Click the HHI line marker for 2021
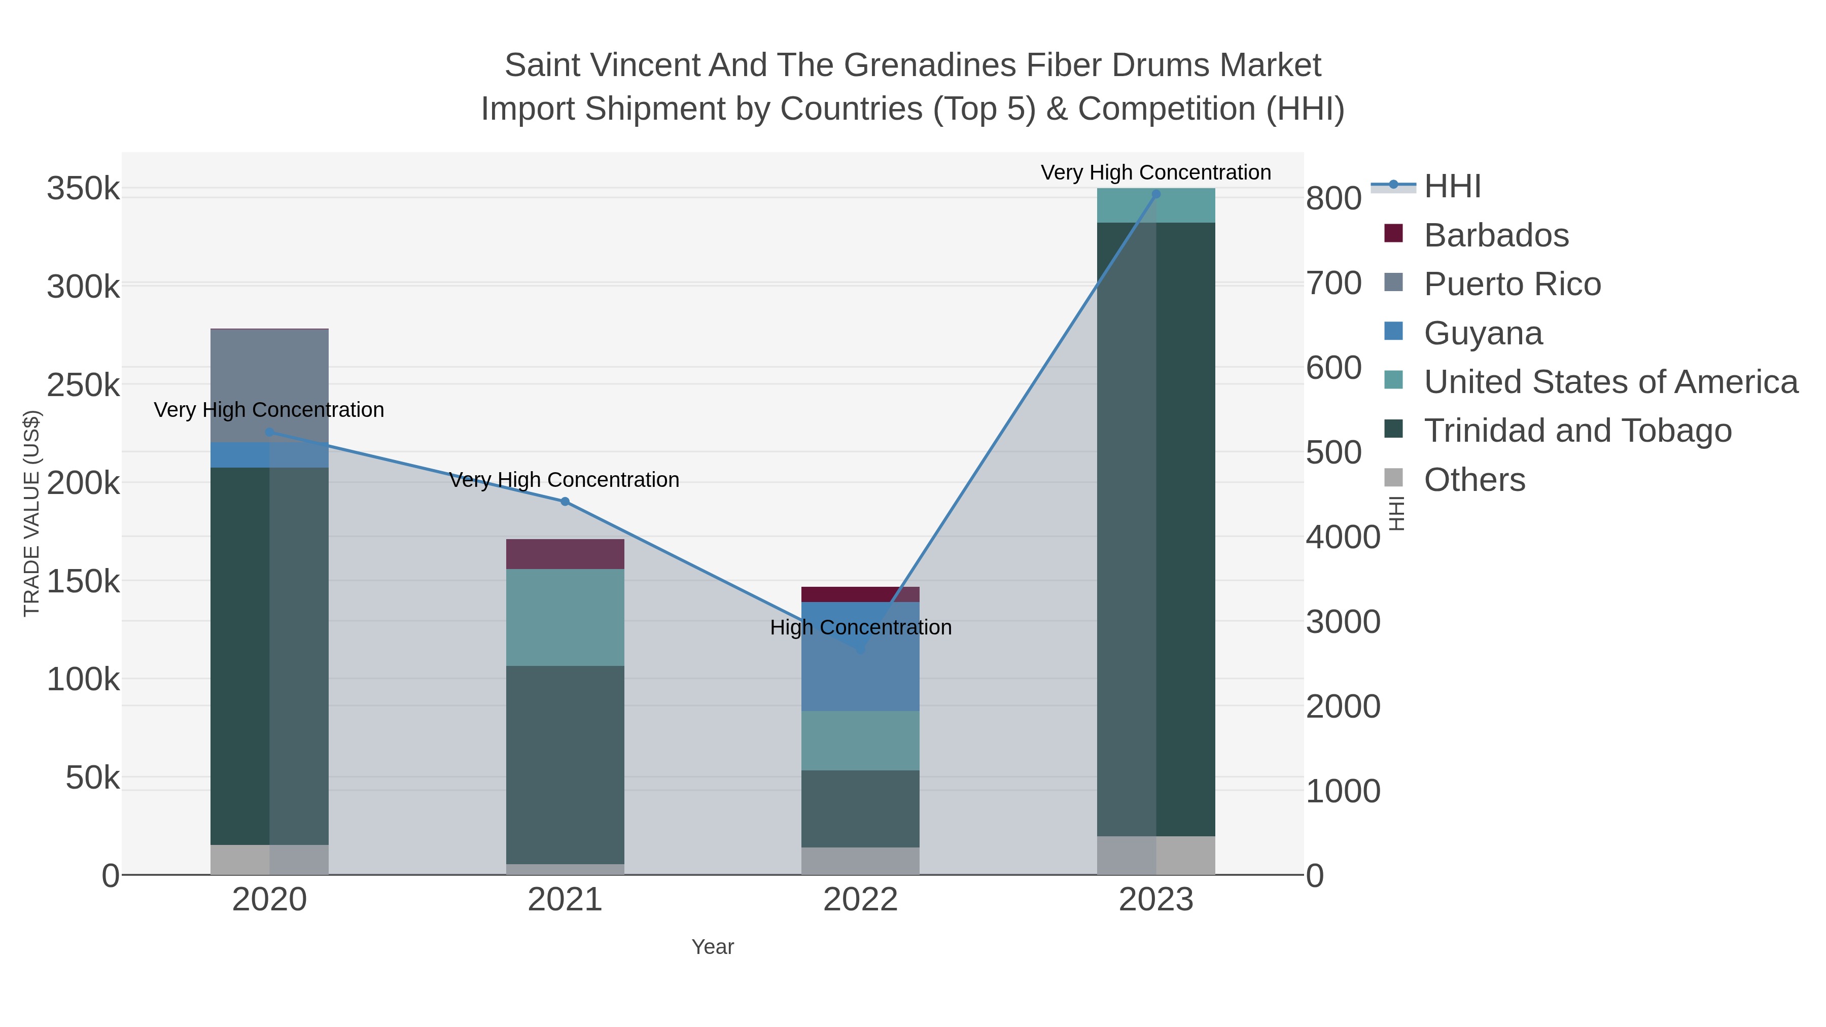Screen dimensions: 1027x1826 tap(565, 502)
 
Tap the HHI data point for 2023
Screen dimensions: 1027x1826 tap(1156, 194)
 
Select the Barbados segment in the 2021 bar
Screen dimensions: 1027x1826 tap(565, 554)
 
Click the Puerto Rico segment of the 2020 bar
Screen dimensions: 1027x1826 tap(269, 385)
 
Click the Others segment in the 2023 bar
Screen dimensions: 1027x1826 tap(1156, 856)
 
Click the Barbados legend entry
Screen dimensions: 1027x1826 tap(1496, 235)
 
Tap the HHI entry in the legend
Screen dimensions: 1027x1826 tap(1452, 187)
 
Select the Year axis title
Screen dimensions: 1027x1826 tap(713, 947)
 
